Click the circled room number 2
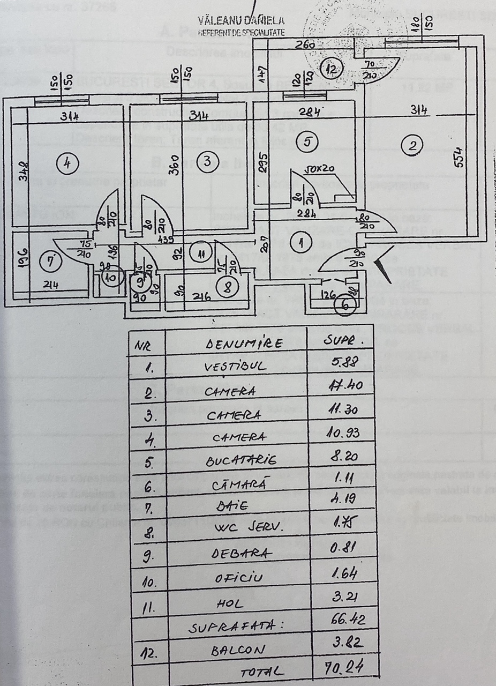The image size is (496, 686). (411, 145)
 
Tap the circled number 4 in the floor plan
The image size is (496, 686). (66, 161)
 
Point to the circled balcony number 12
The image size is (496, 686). (332, 68)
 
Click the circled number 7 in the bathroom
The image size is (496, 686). (51, 263)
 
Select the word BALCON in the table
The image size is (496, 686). (238, 651)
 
